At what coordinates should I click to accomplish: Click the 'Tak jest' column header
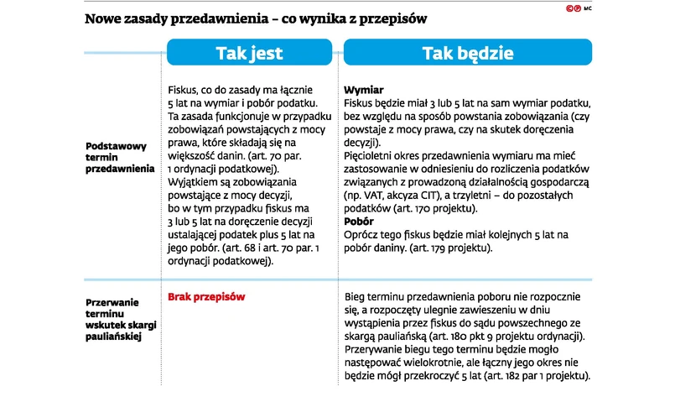[x=250, y=53]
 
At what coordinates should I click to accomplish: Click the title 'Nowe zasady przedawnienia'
[x=168, y=17]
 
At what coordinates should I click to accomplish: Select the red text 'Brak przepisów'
[x=207, y=297]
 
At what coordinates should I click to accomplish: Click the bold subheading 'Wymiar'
[x=364, y=90]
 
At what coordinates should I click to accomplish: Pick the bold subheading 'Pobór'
[x=361, y=222]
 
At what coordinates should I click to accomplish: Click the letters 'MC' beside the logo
[x=589, y=8]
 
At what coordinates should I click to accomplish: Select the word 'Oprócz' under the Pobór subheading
[x=363, y=235]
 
